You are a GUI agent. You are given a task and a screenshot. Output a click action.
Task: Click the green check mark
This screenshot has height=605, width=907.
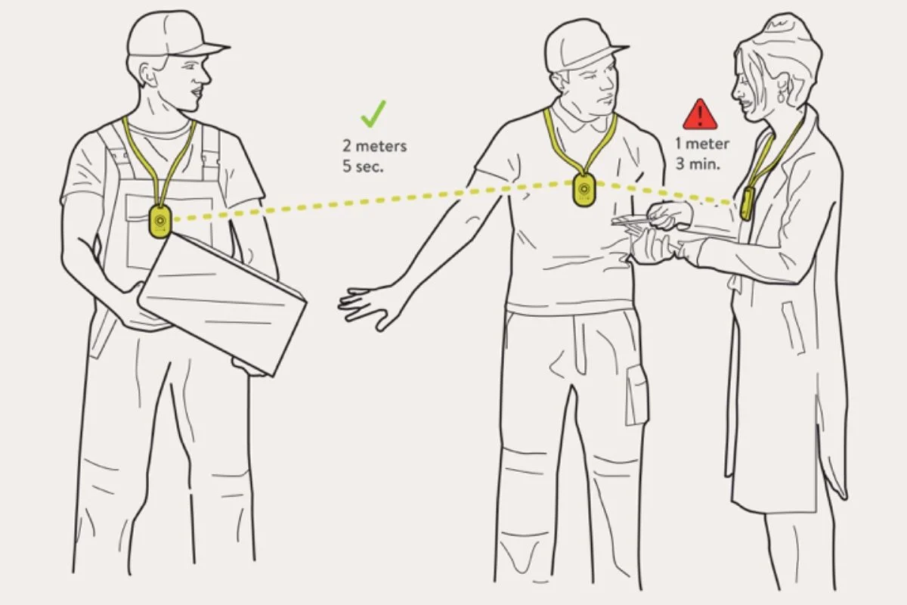click(373, 115)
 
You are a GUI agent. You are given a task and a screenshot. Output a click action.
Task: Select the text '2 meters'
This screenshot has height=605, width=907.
click(375, 146)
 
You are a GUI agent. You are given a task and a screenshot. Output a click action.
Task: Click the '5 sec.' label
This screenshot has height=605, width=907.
click(362, 166)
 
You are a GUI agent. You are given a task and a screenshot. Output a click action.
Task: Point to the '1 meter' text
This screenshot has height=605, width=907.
click(702, 144)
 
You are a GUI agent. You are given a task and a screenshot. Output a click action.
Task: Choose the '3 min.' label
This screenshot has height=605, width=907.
click(698, 164)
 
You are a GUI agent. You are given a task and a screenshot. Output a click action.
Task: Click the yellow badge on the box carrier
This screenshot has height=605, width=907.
click(160, 222)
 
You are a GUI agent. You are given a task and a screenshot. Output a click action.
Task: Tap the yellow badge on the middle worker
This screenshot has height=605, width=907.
click(584, 190)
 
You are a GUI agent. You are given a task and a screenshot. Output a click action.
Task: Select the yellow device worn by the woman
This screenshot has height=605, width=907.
click(746, 203)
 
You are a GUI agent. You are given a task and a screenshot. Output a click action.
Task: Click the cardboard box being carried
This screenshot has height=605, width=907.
click(222, 304)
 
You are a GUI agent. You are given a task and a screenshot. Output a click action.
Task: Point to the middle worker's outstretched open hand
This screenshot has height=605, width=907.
click(370, 307)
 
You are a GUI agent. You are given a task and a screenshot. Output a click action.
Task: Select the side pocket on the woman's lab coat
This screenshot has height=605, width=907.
click(793, 328)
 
